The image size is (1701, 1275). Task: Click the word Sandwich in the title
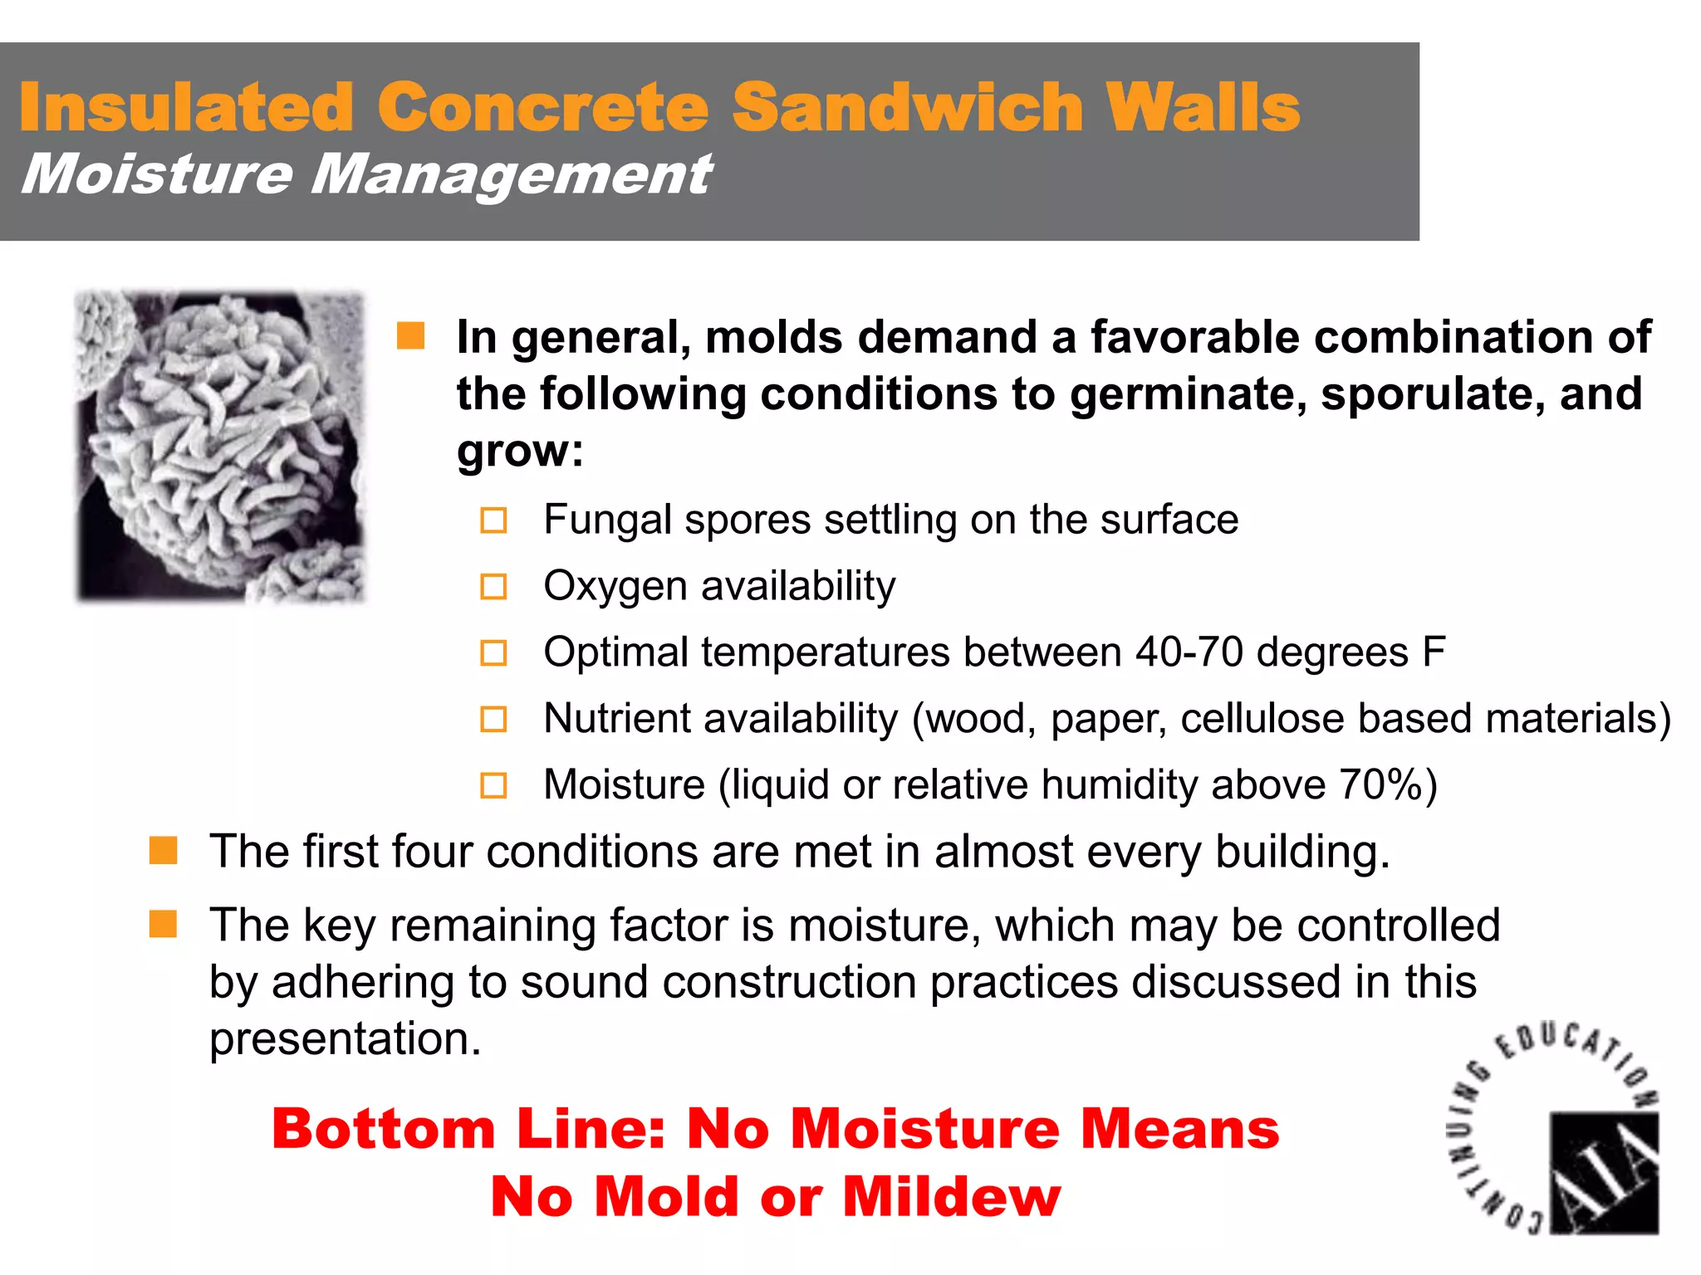(908, 107)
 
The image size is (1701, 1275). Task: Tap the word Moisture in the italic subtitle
(157, 174)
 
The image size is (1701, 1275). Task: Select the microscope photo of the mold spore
(220, 447)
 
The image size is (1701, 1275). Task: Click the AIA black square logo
(1604, 1172)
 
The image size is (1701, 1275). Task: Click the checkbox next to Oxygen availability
(493, 587)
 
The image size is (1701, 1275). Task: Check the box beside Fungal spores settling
(493, 520)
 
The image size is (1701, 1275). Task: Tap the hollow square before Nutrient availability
(493, 719)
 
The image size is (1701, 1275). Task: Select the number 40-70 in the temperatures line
(1189, 652)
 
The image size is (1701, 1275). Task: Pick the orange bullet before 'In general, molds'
(411, 336)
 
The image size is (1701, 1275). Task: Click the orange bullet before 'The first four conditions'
(163, 851)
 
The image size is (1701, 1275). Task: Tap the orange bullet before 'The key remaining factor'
(163, 924)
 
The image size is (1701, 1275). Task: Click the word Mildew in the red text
(952, 1196)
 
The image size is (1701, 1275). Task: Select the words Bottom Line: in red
(468, 1129)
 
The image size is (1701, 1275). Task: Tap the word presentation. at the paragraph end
(345, 1038)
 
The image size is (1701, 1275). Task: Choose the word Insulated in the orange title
(187, 107)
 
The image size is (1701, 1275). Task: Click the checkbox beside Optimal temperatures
(493, 652)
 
